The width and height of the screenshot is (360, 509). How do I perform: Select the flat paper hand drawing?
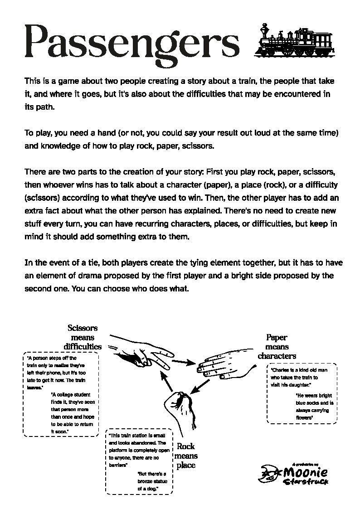click(x=222, y=364)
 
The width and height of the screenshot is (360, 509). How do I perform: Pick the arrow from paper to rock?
click(x=200, y=386)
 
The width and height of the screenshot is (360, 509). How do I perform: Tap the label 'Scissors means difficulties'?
click(x=83, y=337)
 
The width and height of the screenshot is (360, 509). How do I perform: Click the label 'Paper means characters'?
click(x=277, y=347)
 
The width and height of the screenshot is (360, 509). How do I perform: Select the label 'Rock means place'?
click(x=186, y=456)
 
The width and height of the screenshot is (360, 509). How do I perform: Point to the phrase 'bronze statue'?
click(x=147, y=481)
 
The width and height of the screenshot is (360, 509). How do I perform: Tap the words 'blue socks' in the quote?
click(x=312, y=402)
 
